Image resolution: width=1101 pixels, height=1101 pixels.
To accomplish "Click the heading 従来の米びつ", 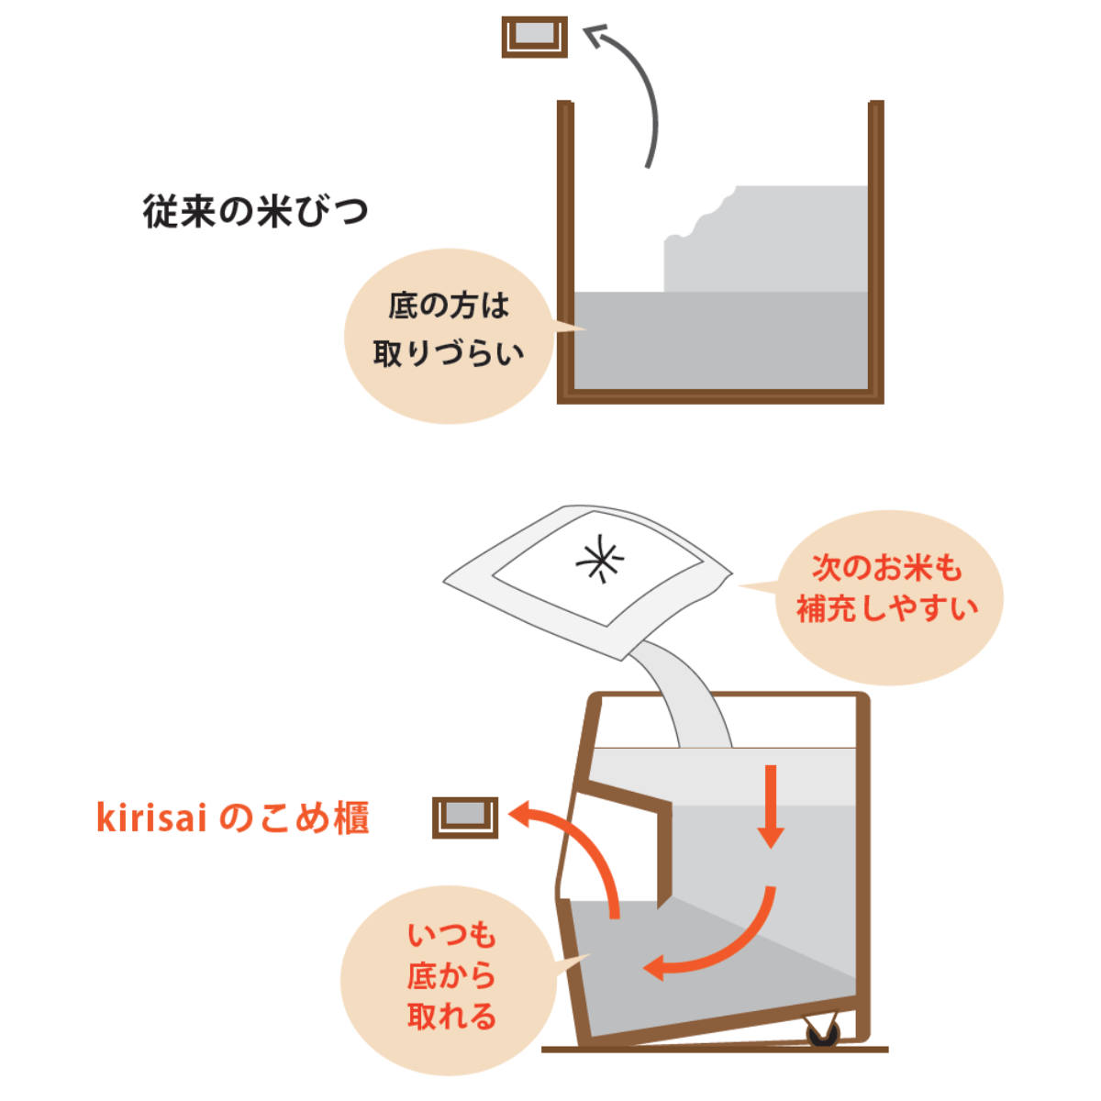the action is click(255, 211).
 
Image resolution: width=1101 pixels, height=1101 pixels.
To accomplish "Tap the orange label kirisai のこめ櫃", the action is click(233, 818).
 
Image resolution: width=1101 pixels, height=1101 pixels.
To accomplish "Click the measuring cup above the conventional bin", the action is click(534, 37).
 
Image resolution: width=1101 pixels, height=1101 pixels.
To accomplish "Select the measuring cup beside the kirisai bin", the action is click(464, 817).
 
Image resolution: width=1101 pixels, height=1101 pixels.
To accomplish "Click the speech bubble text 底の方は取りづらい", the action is click(448, 330).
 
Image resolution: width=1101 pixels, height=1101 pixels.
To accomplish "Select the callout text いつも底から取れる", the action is click(450, 976).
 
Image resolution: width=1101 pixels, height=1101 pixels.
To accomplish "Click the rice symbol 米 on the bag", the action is click(600, 559).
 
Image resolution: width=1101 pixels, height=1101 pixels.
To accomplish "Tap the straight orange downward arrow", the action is click(771, 806).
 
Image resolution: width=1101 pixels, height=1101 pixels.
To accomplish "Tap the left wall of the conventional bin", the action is click(565, 251).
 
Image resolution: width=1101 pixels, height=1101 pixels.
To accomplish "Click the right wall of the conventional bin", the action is click(876, 251).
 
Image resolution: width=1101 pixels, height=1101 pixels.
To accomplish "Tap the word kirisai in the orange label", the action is click(151, 818).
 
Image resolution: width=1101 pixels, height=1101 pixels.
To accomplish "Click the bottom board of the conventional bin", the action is click(720, 396).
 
